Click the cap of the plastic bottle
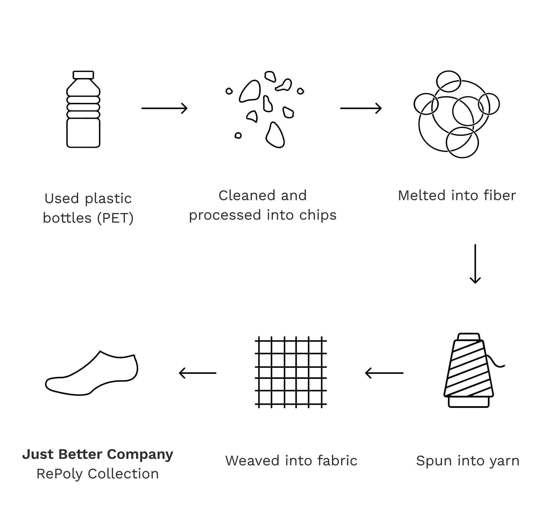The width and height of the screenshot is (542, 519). click(x=83, y=75)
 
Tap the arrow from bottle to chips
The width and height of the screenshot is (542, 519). click(x=164, y=108)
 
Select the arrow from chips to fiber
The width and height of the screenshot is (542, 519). click(x=361, y=108)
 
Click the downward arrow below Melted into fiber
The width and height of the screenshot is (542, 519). click(x=475, y=264)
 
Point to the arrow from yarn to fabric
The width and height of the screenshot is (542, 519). click(x=384, y=373)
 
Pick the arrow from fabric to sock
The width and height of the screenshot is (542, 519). click(x=197, y=373)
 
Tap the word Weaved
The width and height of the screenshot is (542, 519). click(x=252, y=461)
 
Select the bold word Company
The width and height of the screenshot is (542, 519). click(x=140, y=455)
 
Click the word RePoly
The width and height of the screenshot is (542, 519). click(x=59, y=474)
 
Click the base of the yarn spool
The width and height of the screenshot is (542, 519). click(x=468, y=402)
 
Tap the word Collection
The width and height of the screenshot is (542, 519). click(x=123, y=474)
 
